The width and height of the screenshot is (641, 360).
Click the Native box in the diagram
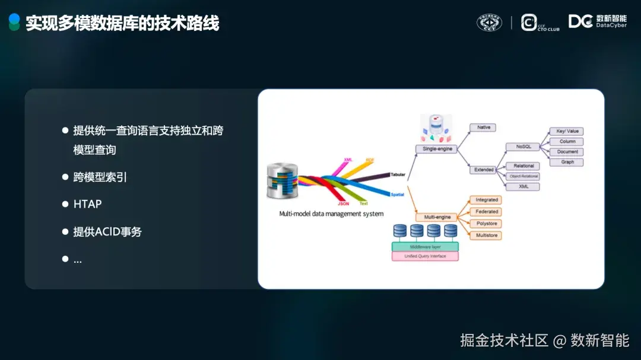tap(483, 128)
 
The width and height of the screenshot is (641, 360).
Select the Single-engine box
tap(437, 149)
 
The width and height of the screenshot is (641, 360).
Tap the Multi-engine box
tap(437, 217)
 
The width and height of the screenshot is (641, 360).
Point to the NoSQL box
tap(523, 146)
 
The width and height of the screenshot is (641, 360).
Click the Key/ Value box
tap(567, 131)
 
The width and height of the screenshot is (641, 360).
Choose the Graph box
tap(567, 162)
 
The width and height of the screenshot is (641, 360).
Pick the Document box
tap(567, 152)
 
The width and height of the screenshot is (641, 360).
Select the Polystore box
tap(486, 224)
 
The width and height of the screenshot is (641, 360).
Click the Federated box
tap(486, 212)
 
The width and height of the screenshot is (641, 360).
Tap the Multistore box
tap(486, 235)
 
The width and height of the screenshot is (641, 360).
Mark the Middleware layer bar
tap(425, 246)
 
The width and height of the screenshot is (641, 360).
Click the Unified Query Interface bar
tap(425, 256)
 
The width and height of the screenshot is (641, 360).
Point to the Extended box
tap(484, 170)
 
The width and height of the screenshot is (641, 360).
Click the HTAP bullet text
tap(87, 204)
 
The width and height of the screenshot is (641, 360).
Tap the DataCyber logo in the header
tap(597, 22)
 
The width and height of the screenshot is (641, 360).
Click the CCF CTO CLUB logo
tap(540, 23)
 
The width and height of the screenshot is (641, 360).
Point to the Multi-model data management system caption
tap(331, 214)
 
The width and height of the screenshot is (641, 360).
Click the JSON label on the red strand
tap(343, 203)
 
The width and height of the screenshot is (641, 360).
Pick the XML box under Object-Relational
tap(523, 186)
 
